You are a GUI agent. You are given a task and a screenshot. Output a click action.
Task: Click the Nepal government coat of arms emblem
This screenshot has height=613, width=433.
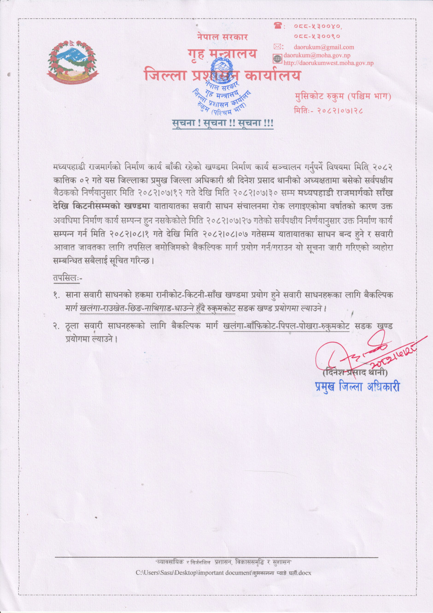72,62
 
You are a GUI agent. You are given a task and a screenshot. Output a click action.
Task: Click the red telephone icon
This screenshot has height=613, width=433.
278,26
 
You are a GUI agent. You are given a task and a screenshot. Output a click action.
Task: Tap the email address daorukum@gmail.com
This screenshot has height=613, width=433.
324,47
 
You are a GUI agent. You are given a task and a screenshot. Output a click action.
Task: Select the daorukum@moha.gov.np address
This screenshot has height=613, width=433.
316,55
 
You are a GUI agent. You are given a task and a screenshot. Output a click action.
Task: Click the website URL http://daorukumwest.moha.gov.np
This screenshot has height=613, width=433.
328,63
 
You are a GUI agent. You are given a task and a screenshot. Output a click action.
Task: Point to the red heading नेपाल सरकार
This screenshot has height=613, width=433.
222,37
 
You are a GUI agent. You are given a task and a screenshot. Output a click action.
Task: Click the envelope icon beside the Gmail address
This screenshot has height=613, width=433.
278,47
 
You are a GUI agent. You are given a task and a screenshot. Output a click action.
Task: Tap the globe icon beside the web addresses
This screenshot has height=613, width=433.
277,59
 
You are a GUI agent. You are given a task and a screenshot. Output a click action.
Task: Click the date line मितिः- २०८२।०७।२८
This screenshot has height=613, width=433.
328,111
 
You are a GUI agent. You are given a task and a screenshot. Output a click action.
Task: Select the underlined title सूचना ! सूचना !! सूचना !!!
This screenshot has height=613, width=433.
222,123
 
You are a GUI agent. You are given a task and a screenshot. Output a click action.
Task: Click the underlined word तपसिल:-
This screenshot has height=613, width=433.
67,278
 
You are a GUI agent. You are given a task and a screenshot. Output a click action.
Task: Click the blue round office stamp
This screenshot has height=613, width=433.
222,88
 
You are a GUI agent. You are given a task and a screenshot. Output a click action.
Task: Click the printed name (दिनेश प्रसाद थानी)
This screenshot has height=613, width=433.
355,372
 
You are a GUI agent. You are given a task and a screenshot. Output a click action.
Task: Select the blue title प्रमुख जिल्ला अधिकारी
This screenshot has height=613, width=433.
357,387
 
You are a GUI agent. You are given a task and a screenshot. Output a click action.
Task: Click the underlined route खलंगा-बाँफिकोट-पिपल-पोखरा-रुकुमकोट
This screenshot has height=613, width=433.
286,326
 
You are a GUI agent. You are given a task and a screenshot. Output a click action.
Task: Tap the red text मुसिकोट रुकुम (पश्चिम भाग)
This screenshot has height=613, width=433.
343,96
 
